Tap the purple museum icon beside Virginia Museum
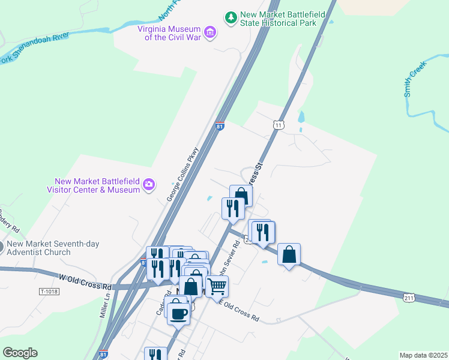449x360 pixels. point(209,32)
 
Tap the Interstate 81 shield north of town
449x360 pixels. point(220,127)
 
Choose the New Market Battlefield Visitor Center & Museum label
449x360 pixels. point(97,185)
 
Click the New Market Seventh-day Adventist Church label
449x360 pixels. point(53,248)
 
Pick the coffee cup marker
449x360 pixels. point(178,313)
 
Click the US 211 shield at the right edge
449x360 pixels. point(409,297)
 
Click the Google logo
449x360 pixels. point(20,353)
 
